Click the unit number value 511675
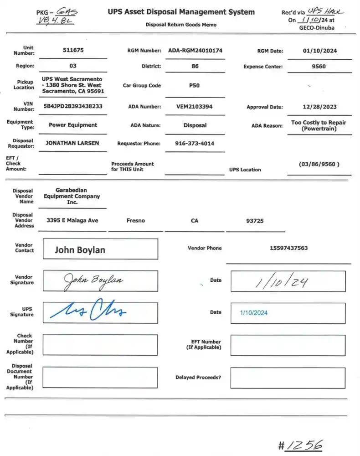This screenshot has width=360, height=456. [73, 51]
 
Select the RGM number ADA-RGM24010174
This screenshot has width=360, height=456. [195, 51]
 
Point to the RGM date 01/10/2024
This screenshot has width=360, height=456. [320, 51]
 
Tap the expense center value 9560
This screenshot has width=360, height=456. [319, 66]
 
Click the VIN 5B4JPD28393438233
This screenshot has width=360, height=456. [73, 106]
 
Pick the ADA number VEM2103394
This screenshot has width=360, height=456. [195, 107]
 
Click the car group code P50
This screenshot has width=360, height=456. [194, 85]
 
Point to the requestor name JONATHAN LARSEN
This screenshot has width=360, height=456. [72, 143]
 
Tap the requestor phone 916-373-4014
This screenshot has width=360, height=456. [195, 144]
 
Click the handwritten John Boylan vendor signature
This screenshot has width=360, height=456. [93, 280]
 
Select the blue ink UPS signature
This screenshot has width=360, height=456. [88, 311]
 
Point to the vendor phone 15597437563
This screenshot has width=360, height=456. [288, 248]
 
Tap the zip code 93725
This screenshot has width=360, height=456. [255, 221]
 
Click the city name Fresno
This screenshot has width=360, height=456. [136, 221]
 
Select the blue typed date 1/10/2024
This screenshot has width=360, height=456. [254, 313]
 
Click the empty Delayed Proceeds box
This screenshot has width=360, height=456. [288, 378]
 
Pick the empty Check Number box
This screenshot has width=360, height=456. [100, 345]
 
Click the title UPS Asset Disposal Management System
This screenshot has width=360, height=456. [181, 12]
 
